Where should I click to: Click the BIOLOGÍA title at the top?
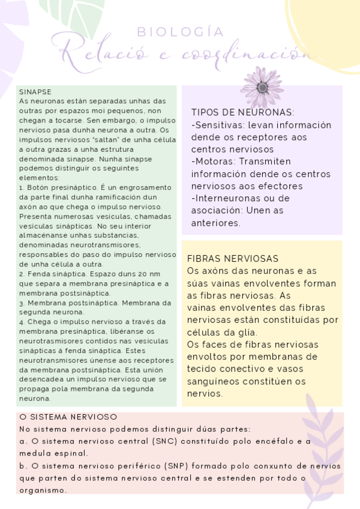click(180, 32)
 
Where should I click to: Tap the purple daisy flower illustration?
click(262, 86)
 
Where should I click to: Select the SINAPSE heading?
click(35, 92)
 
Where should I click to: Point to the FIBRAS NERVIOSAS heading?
click(233, 259)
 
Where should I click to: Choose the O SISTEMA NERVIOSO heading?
click(68, 417)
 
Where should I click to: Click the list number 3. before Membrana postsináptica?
click(22, 303)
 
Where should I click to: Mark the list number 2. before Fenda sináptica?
click(22, 274)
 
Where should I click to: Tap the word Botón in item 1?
click(38, 188)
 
